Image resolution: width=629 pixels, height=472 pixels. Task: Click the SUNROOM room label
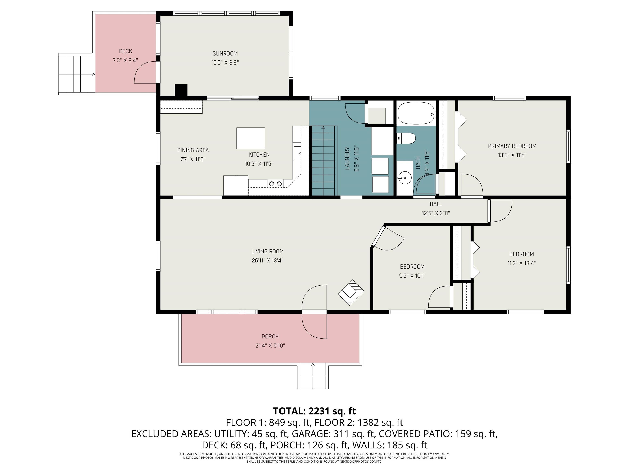tap(225, 53)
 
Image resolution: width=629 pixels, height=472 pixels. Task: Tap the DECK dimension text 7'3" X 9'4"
tap(125, 60)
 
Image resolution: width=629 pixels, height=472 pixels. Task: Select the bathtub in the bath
tap(416, 113)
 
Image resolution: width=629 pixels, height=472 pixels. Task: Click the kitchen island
tap(251, 138)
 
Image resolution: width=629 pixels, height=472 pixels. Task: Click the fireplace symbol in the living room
tap(351, 293)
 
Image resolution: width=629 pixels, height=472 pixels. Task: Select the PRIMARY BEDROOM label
tap(512, 146)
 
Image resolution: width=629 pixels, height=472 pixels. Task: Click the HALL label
tap(436, 204)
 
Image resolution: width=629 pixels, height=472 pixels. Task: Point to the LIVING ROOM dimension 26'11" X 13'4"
tap(268, 260)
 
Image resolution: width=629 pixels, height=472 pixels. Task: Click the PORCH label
tap(270, 337)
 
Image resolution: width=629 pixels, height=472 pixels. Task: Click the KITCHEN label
tap(259, 155)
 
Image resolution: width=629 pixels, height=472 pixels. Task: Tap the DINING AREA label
tap(193, 150)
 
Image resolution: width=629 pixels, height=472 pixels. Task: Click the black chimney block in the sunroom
tap(181, 91)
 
